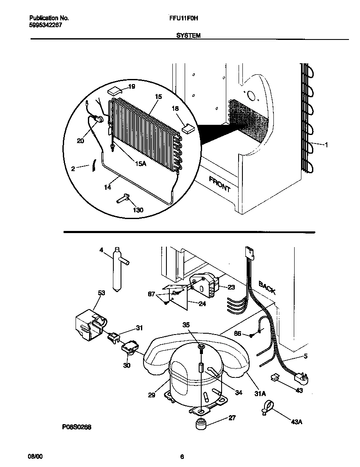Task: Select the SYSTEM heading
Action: [x=188, y=36]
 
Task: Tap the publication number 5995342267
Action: [x=46, y=25]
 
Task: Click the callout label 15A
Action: [x=141, y=164]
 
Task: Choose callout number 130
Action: [x=138, y=210]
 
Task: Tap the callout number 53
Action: [x=101, y=293]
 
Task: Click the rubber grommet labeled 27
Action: [x=200, y=424]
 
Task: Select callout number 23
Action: [x=231, y=287]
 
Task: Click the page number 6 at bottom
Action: [x=182, y=457]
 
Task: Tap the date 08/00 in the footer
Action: [x=35, y=457]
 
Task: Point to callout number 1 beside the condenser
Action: [x=326, y=145]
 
